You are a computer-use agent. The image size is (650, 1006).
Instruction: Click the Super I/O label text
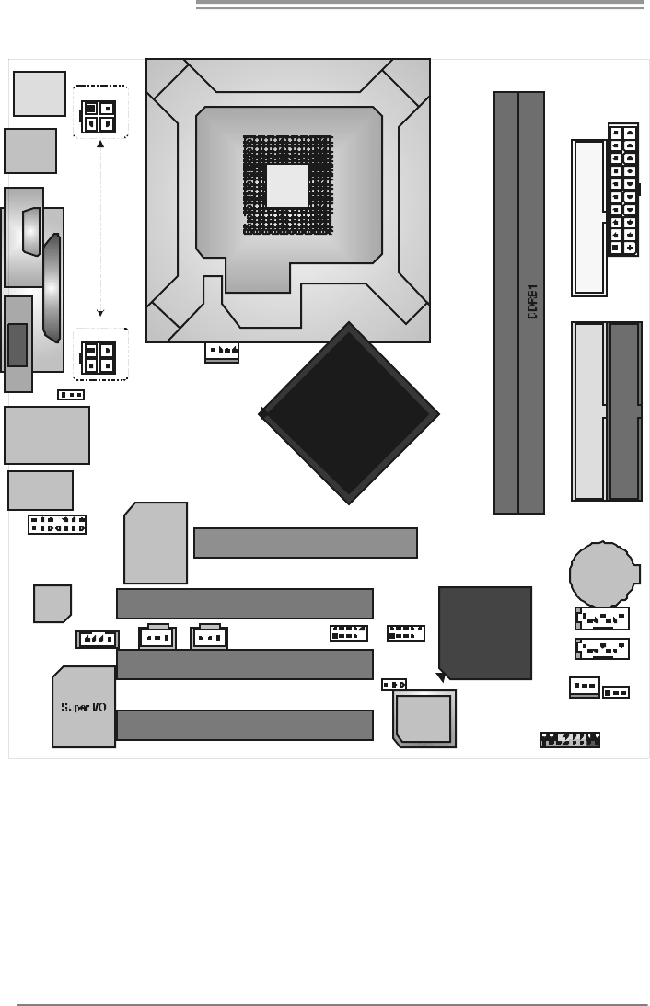click(84, 707)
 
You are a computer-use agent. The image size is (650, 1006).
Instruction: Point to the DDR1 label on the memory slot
click(532, 302)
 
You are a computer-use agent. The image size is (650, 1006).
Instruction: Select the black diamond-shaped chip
click(349, 413)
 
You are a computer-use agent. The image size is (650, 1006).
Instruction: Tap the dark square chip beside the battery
click(485, 632)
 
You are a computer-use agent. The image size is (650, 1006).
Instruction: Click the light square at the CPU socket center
click(287, 185)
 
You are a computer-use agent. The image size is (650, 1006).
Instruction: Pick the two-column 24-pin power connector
click(623, 190)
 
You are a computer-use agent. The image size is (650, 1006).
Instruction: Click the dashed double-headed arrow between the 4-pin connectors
click(100, 229)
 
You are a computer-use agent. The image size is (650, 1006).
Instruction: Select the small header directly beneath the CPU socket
click(222, 351)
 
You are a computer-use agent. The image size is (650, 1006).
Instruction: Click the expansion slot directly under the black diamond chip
click(306, 543)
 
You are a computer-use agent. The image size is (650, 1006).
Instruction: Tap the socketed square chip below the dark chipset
click(424, 718)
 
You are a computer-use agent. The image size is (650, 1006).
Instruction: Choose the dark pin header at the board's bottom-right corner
click(570, 738)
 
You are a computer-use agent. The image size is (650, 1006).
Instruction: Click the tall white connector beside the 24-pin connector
click(588, 217)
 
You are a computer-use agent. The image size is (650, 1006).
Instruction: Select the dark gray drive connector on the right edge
click(624, 410)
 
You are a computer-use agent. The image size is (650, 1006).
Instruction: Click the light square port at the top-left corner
click(40, 94)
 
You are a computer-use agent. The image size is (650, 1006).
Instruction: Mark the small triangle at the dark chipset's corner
click(441, 677)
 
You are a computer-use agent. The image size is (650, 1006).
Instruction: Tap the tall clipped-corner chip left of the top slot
click(156, 543)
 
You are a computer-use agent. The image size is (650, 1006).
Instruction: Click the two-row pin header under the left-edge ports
click(57, 525)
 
